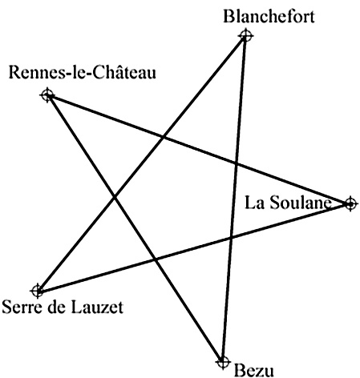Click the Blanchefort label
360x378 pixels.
pos(269,16)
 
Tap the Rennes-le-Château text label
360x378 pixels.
pos(83,72)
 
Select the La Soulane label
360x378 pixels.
pos(288,203)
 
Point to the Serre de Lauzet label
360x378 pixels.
pos(63,307)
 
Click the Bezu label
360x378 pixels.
pos(254,371)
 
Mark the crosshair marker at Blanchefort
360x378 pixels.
pos(245,35)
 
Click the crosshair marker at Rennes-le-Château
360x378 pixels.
pos(47,94)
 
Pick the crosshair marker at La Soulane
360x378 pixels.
pos(350,204)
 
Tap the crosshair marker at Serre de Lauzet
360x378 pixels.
pos(38,291)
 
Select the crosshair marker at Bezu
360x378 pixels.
pos(223,362)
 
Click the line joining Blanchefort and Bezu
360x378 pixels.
pos(234,199)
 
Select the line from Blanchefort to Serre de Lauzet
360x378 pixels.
pos(142,163)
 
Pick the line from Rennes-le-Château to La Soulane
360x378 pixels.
pos(199,150)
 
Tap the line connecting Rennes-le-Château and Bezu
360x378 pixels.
pos(135,228)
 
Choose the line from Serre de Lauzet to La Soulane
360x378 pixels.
pos(194,247)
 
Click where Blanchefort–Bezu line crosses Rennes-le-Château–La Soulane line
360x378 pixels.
pos(236,163)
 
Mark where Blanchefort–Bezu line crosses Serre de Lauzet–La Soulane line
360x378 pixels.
pos(231,237)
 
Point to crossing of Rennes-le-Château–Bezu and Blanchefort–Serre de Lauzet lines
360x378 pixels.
pos(115,198)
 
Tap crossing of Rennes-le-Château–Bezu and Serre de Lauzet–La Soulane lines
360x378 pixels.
pos(156,259)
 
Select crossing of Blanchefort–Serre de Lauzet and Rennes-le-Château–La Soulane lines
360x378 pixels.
pos(163,137)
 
